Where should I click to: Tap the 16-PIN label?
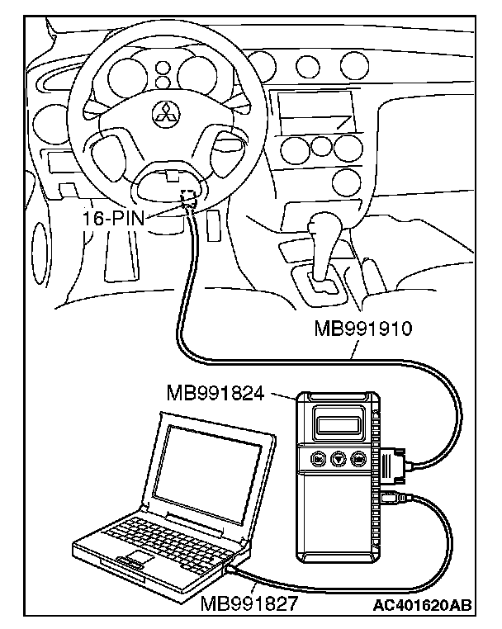113,218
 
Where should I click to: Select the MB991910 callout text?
363,329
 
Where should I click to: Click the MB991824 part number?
215,393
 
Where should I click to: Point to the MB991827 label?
249,603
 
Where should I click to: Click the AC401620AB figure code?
422,604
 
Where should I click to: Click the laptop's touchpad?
139,557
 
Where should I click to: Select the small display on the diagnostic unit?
338,424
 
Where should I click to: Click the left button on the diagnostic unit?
318,458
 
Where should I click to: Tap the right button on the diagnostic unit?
358,458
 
